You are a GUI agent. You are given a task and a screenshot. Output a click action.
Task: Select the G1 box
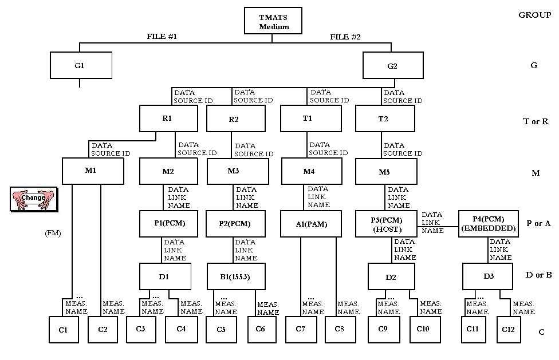coord(80,65)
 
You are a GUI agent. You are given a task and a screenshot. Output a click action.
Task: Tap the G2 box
coord(392,65)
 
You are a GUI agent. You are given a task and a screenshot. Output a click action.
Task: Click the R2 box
coord(234,120)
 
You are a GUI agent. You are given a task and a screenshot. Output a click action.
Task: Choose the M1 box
coord(93,171)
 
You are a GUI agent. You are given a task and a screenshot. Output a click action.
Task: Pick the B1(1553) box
coord(235,276)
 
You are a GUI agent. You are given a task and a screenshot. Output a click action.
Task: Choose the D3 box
coord(489,276)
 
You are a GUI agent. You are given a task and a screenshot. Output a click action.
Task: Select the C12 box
coord(508,329)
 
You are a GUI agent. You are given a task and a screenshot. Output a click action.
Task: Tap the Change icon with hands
coord(33,198)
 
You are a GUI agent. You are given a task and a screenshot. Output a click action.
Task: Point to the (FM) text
coord(52,233)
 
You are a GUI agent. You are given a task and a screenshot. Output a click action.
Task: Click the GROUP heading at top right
coord(534,15)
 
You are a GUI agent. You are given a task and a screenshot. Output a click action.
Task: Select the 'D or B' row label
coord(538,275)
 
